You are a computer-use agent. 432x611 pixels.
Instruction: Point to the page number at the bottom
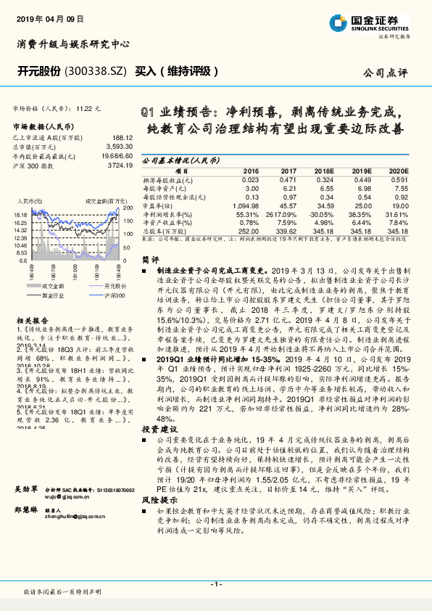(216, 584)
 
